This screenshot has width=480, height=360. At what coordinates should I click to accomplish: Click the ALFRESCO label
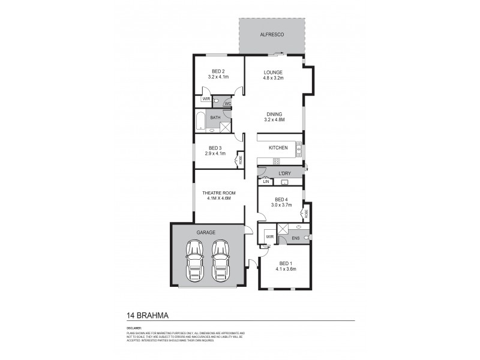pos(272,35)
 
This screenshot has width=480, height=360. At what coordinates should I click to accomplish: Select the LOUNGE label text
pos(273,72)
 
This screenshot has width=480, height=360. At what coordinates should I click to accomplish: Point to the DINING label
pos(273,113)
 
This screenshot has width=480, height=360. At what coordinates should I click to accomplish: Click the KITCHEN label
pos(278,148)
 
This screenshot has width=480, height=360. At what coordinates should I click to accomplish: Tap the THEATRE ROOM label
pos(220,193)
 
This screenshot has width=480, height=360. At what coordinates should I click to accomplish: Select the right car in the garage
pos(221,259)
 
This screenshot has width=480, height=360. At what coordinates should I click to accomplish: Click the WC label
pos(227,103)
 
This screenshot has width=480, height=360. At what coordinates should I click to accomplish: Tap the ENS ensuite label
pos(295,239)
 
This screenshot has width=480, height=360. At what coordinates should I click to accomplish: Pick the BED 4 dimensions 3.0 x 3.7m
pos(281,205)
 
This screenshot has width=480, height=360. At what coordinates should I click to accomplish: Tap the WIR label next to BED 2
pos(206,98)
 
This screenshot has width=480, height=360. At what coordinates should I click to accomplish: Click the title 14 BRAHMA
pos(147,314)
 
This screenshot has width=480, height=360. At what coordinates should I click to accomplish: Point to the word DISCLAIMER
pos(134,328)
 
